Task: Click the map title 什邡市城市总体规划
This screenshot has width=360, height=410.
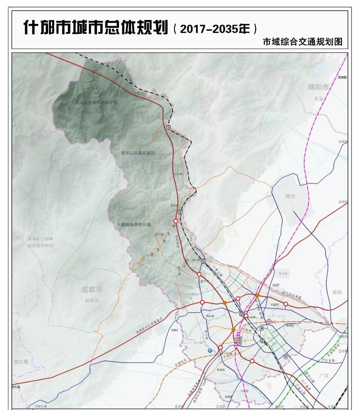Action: tap(96, 27)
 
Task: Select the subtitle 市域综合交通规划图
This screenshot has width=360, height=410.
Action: tap(302, 42)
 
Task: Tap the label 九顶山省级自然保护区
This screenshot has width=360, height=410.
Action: tap(96, 102)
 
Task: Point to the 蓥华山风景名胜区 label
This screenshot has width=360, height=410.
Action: tap(138, 153)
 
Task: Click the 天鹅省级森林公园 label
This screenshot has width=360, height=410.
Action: tap(134, 225)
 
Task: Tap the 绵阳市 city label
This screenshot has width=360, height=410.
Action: tap(318, 87)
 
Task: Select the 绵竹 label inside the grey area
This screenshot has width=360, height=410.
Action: tap(290, 196)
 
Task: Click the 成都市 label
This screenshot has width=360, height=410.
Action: tap(92, 290)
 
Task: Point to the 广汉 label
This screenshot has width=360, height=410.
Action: tap(324, 376)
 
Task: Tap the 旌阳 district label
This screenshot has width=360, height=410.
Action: tap(337, 292)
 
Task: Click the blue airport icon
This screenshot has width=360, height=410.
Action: tap(210, 351)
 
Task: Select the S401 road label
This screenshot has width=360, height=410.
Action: tap(175, 330)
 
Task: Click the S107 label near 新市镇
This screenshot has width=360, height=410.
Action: tap(276, 285)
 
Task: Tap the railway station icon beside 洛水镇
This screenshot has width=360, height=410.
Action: tap(203, 262)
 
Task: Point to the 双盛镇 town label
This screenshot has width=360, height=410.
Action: tap(274, 304)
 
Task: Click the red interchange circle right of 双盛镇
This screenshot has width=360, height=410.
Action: tap(286, 304)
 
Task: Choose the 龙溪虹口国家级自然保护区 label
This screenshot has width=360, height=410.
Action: tap(40, 242)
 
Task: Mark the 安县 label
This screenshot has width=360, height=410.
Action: tap(319, 99)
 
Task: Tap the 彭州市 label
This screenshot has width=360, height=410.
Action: tap(92, 300)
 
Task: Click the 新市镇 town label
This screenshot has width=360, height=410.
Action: tap(283, 274)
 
